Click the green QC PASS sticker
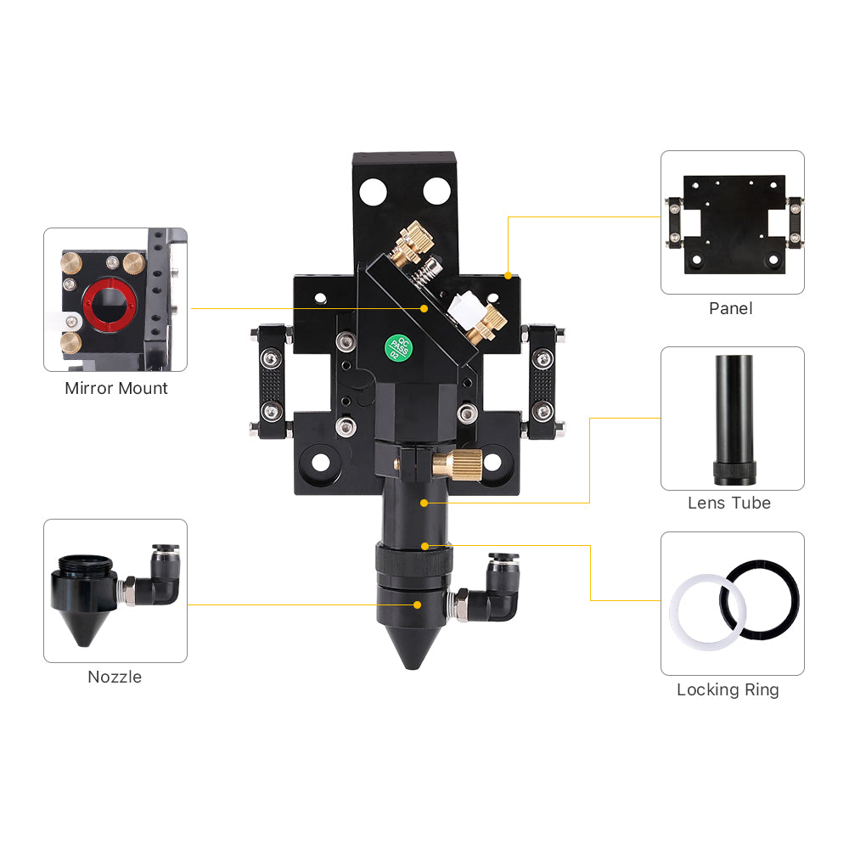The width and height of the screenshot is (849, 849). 398,348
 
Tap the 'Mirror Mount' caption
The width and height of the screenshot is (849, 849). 115,388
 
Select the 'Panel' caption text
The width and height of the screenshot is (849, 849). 731,309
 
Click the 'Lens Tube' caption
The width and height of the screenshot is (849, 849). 729,503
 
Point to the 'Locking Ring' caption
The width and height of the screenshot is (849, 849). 728,689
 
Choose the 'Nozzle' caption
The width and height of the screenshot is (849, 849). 115,677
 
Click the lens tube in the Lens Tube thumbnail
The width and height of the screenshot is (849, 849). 734,419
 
